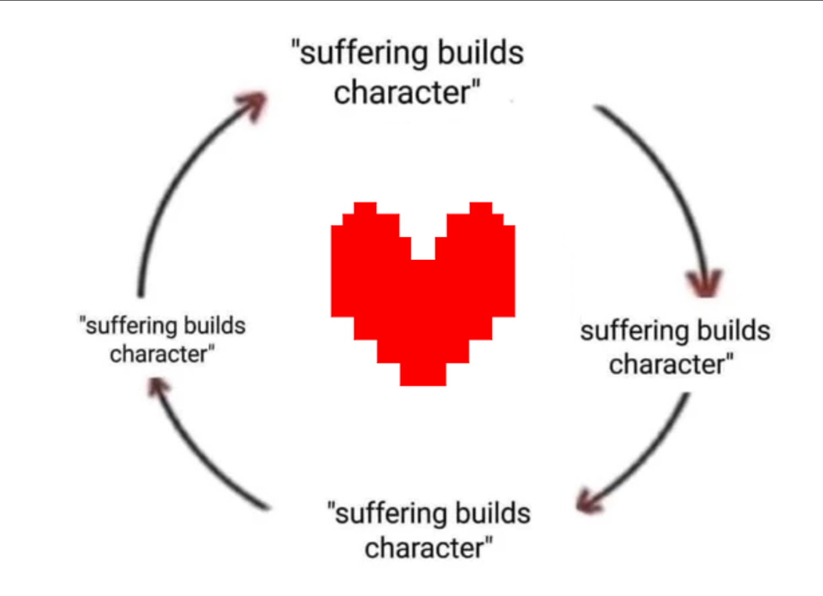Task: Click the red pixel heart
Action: click(x=423, y=294)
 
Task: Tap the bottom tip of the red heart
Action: click(x=423, y=386)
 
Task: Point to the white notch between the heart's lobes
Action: click(x=423, y=248)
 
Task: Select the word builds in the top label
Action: click(x=481, y=52)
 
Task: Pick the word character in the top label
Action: click(x=402, y=92)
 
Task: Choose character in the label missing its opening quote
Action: click(x=666, y=365)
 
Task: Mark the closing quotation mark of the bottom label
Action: click(x=489, y=541)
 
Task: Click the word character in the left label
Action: click(x=159, y=354)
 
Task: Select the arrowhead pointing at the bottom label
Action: click(x=588, y=501)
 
